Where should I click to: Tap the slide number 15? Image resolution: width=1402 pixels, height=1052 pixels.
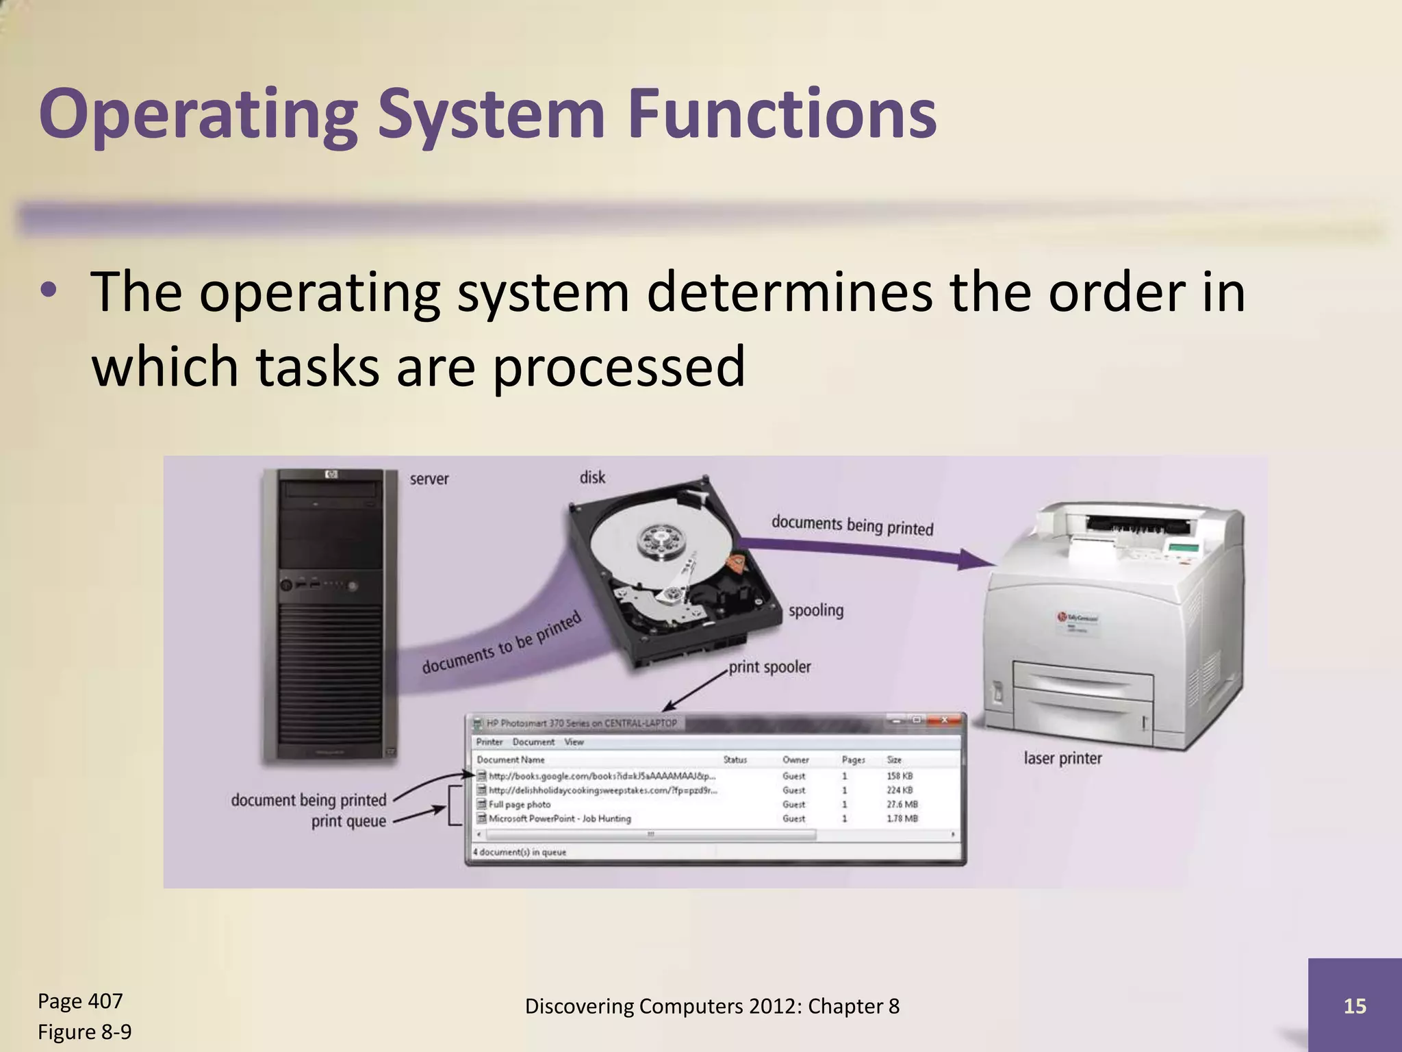[1355, 1006]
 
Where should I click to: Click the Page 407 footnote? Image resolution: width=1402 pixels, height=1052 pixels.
[80, 1001]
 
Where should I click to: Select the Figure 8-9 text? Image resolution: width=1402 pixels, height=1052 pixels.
[84, 1031]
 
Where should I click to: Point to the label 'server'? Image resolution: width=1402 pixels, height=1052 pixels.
[429, 479]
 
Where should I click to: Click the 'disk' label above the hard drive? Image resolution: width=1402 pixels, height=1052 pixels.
[592, 477]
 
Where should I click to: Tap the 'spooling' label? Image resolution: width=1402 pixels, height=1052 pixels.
[815, 610]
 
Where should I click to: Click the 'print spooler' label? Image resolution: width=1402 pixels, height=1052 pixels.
[769, 667]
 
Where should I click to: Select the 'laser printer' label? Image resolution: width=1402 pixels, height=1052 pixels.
[1062, 758]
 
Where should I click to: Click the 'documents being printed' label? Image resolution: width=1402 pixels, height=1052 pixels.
[852, 525]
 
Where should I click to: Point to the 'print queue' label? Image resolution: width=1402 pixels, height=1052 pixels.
[348, 821]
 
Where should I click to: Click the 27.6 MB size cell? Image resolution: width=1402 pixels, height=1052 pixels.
[902, 805]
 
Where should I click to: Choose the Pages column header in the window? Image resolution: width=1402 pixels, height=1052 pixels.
[853, 760]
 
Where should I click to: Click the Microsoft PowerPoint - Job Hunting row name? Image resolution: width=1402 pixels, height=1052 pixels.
[559, 818]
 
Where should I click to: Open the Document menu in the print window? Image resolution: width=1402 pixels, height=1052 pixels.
[533, 742]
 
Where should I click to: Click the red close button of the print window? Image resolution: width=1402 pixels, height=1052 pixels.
[944, 720]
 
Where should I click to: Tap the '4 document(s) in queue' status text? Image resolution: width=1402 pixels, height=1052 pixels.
[520, 853]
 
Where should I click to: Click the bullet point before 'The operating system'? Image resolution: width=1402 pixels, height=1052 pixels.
[48, 292]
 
